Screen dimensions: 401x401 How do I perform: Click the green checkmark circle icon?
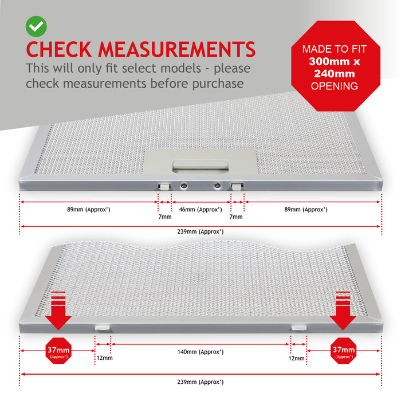[x=36, y=26]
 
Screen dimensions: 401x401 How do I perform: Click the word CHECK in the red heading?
[x=58, y=49]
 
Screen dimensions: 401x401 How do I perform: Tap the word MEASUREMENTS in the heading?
[x=176, y=49]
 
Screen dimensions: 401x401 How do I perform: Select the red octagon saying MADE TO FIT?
[x=336, y=66]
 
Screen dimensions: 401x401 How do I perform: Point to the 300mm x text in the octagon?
[x=334, y=61]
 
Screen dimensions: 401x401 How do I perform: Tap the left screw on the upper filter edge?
[x=183, y=186]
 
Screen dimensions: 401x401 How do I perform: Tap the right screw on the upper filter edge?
[x=217, y=186]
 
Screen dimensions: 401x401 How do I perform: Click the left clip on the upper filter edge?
[x=164, y=186]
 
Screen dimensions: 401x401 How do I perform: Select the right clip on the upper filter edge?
[x=237, y=186]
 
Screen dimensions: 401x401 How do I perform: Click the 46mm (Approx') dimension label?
[x=200, y=210]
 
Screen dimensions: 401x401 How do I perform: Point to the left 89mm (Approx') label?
[x=89, y=210]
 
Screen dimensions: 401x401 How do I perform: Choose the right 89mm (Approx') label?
[x=306, y=210]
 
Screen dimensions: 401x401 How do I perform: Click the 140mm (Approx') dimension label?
[x=200, y=352]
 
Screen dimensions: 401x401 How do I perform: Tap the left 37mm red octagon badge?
[x=58, y=351]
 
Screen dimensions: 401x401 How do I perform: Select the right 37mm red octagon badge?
[x=344, y=351]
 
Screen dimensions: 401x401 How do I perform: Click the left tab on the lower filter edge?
[x=103, y=328]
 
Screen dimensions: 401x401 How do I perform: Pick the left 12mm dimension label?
[x=104, y=358]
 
